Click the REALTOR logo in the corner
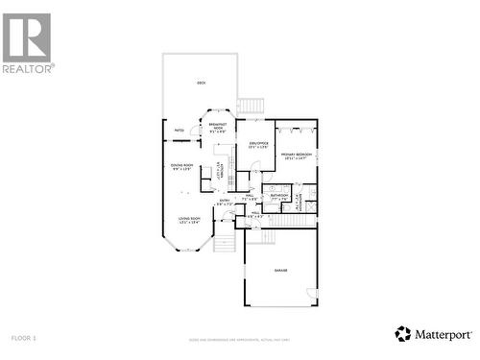pyautogui.click(x=27, y=42)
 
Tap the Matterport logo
pyautogui.click(x=433, y=334)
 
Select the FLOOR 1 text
pyautogui.click(x=24, y=338)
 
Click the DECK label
pyautogui.click(x=202, y=84)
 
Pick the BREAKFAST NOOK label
pyautogui.click(x=218, y=128)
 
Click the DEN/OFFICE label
pyautogui.click(x=255, y=146)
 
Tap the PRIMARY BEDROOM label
pyautogui.click(x=296, y=156)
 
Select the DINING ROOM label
pyautogui.click(x=182, y=167)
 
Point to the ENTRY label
pyautogui.click(x=224, y=203)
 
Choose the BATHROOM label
pyautogui.click(x=279, y=197)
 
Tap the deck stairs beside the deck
pyautogui.click(x=251, y=106)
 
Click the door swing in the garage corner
pyautogui.click(x=311, y=292)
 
